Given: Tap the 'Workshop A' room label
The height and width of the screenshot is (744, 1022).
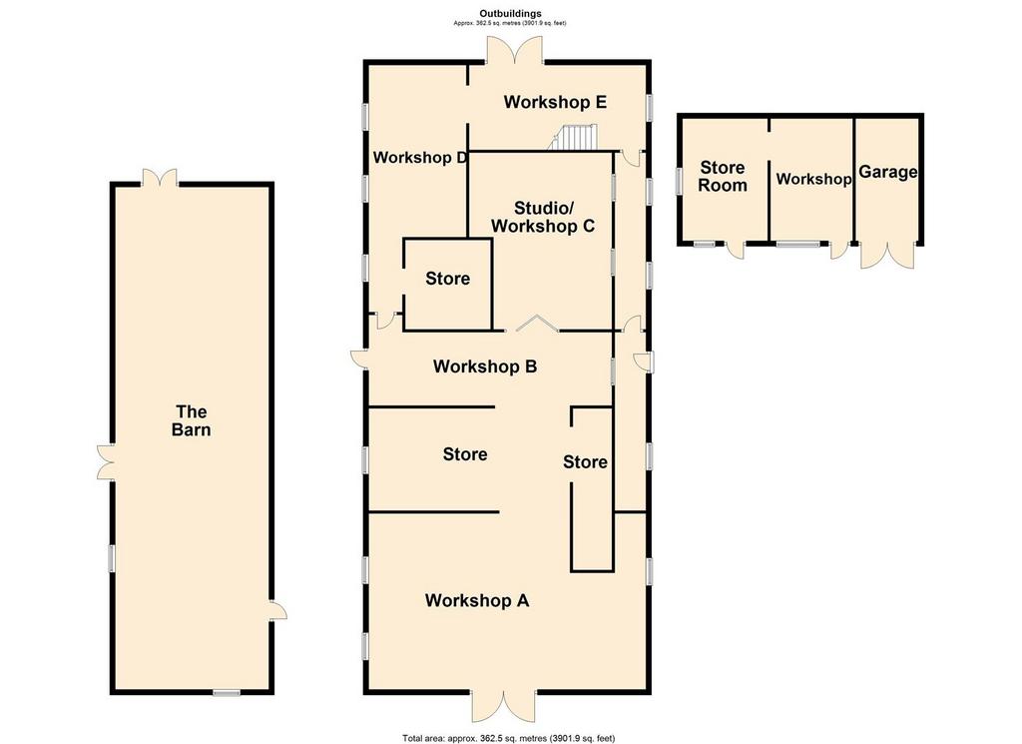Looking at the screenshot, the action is tap(477, 600).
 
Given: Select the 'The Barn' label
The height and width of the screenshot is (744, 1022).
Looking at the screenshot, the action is tap(192, 420).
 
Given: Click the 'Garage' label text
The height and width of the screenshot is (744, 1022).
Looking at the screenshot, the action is tap(887, 172).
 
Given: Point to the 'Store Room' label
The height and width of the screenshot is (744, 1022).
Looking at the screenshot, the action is tap(723, 177).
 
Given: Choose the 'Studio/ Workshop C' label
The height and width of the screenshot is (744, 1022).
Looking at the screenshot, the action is tap(543, 217).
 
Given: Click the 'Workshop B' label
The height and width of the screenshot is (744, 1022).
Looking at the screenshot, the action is tap(485, 367).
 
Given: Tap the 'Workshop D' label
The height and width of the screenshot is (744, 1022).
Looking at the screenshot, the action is tap(420, 158).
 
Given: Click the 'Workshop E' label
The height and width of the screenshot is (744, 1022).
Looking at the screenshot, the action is tap(555, 103).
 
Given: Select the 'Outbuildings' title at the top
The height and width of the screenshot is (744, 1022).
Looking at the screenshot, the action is tap(510, 13).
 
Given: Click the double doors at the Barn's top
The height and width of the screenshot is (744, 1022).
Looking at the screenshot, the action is tap(160, 178).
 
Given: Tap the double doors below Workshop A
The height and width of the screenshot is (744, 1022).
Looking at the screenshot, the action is tap(504, 706).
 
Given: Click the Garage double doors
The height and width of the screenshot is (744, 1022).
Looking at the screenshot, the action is tap(887, 255).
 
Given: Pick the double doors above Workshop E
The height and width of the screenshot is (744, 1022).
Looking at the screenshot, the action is tap(515, 50).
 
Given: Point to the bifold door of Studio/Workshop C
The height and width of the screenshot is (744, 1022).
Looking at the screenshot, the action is tap(536, 324).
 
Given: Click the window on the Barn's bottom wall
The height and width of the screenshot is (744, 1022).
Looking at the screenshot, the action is tap(227, 692).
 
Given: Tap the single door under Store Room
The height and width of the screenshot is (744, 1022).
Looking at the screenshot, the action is tap(736, 250).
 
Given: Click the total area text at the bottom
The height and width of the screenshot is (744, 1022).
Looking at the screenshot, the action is tap(508, 739).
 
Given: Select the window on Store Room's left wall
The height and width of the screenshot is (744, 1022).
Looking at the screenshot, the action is tap(679, 181).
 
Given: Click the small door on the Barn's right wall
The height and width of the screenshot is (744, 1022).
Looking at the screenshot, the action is tap(278, 610).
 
